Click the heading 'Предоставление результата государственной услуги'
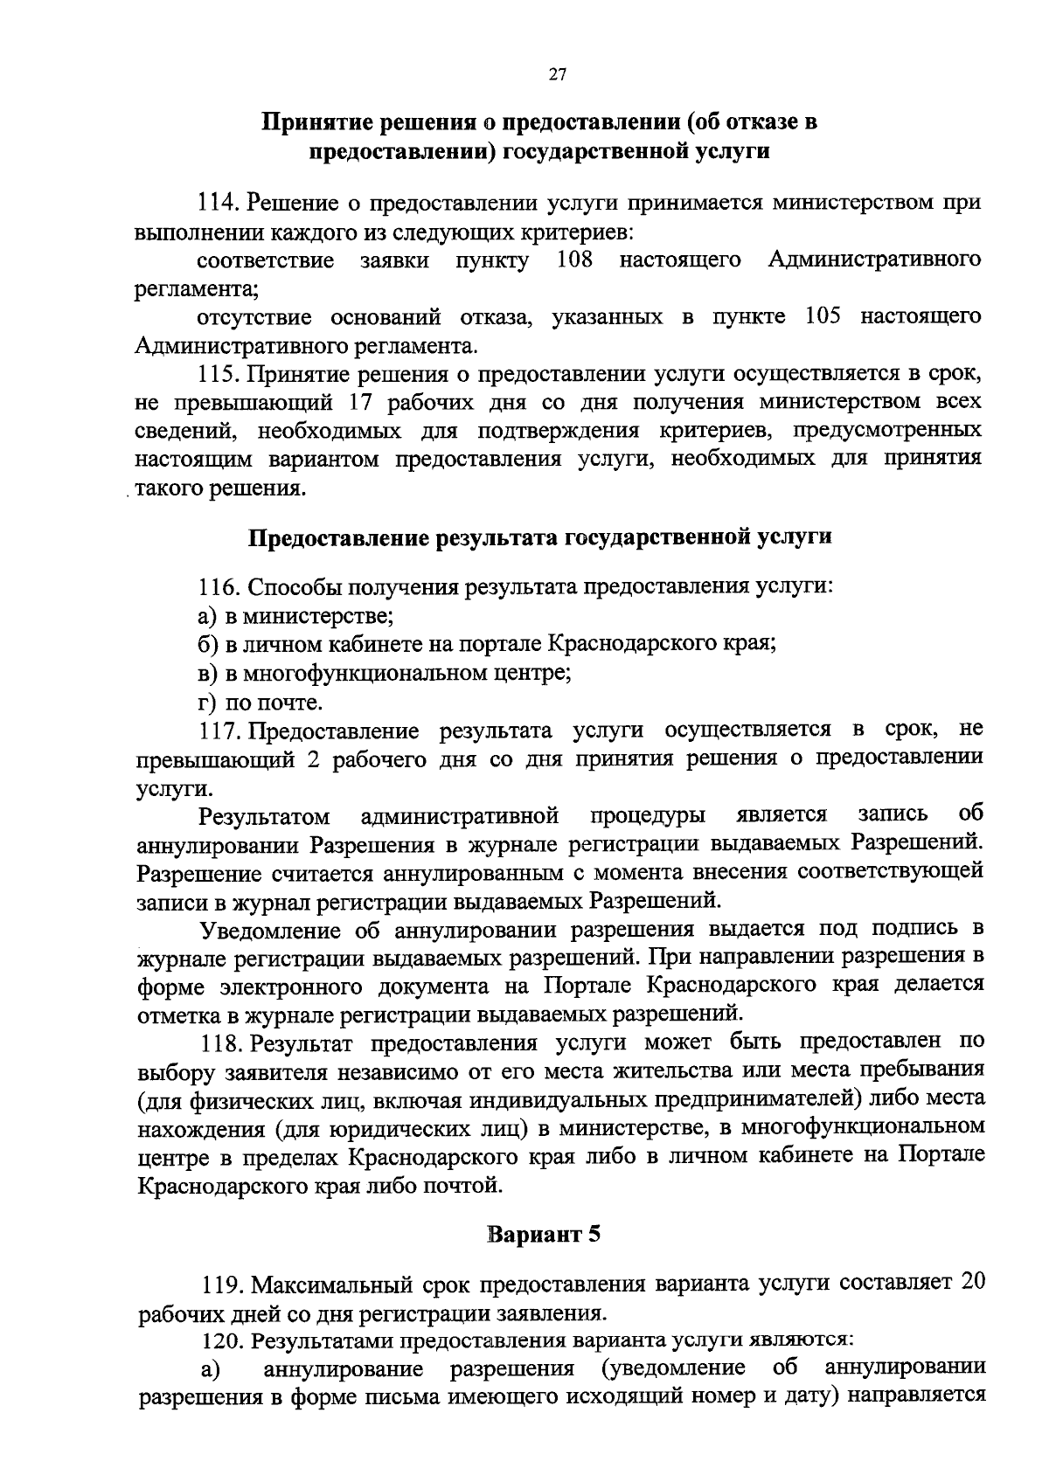tap(540, 537)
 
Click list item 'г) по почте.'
tap(261, 702)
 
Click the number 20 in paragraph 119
tap(972, 1282)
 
